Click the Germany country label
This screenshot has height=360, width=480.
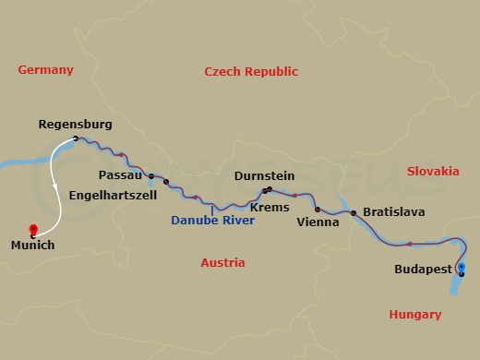[x=46, y=70]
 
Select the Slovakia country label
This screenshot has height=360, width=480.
[x=433, y=171]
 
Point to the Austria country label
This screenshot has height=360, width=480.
[x=222, y=263]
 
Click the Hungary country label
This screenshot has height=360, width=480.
[x=414, y=315]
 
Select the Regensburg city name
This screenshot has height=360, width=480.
[x=76, y=124]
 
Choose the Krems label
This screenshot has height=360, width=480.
[x=270, y=207]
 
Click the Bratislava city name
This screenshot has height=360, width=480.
[x=393, y=212]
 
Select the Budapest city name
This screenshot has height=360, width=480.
[x=422, y=269]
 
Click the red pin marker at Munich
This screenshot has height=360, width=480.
[x=33, y=229]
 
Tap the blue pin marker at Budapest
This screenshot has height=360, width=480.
[x=461, y=269]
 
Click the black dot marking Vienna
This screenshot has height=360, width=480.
[x=318, y=210]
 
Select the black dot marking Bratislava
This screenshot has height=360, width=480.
[x=354, y=212]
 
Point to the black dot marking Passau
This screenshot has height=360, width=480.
[x=151, y=175]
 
